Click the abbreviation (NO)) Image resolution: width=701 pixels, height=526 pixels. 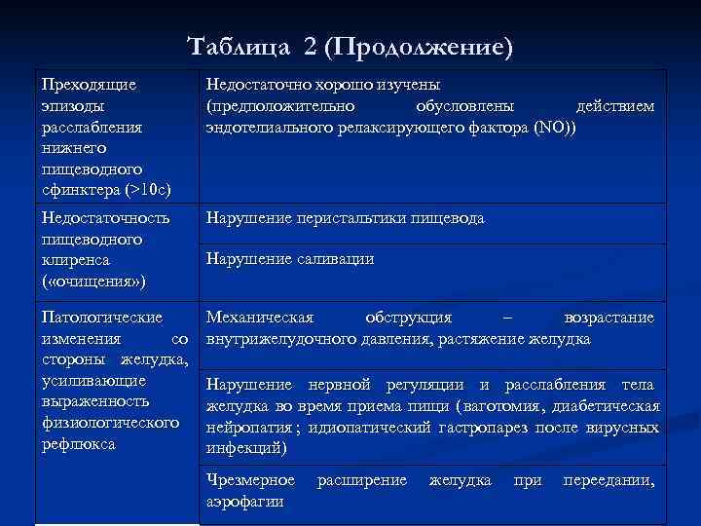tap(556, 127)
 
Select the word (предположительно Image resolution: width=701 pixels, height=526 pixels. tap(279, 105)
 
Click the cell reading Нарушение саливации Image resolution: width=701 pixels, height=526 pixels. tap(289, 259)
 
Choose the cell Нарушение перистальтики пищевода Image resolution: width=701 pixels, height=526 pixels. tap(344, 218)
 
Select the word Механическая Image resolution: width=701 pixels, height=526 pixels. tap(259, 318)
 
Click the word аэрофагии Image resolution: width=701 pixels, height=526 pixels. tap(245, 501)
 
